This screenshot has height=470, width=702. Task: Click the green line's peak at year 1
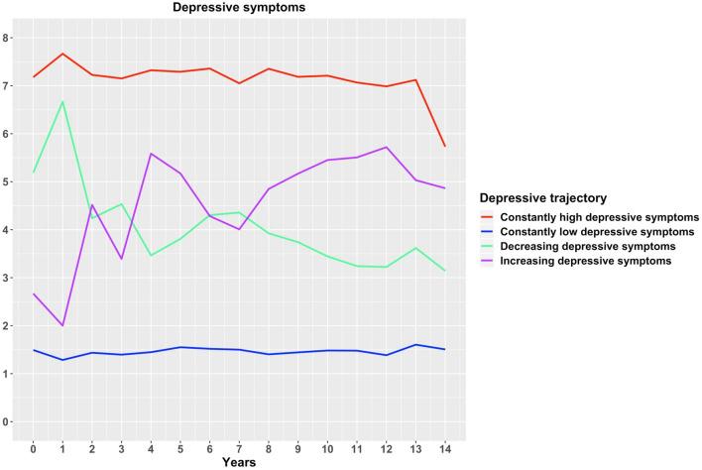point(62,101)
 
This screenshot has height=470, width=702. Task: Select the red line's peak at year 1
point(62,54)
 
